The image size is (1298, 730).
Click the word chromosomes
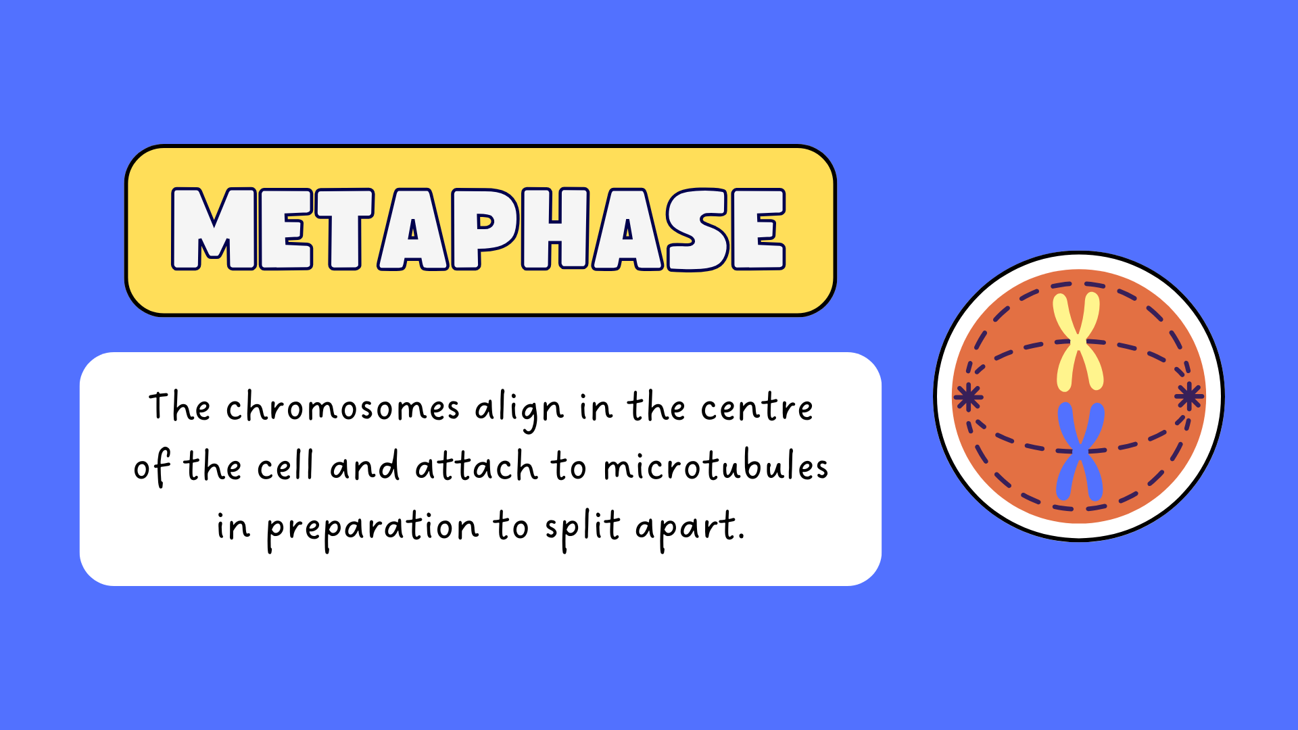343,407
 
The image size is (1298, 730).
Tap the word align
519,410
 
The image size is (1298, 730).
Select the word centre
756,408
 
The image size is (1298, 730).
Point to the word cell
286,466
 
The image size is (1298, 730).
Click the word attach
476,466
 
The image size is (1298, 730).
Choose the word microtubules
716,466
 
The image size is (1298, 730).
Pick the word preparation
372,529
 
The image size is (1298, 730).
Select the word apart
690,529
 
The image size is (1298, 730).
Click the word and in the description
364,466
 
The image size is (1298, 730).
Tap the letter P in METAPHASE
485,228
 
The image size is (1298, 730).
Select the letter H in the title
555,228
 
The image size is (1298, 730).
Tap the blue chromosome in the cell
1080,452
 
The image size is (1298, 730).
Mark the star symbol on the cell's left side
968,397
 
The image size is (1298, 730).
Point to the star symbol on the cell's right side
1189,396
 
